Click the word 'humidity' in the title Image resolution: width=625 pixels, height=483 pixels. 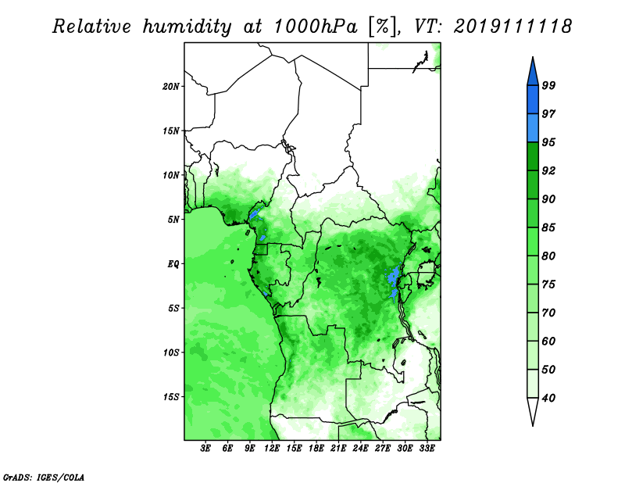[x=187, y=27]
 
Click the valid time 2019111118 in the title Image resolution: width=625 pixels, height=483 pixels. [x=512, y=27]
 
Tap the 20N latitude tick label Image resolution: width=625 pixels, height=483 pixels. [x=171, y=87]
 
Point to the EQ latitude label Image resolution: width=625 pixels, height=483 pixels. [x=173, y=264]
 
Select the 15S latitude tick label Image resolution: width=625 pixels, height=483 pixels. [x=171, y=397]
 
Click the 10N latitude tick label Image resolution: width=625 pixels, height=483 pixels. [x=171, y=175]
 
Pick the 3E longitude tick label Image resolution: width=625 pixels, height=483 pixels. [x=205, y=449]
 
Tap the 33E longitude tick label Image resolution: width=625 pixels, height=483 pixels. [x=427, y=449]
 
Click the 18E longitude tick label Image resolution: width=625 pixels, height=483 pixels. [x=316, y=449]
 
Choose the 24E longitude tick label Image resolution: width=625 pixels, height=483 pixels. [x=360, y=449]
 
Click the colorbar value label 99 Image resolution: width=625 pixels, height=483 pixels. [x=549, y=85]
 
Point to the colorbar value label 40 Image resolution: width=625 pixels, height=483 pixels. [x=549, y=398]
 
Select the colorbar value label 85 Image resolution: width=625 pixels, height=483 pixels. [x=549, y=227]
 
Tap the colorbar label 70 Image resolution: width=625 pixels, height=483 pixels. [x=549, y=313]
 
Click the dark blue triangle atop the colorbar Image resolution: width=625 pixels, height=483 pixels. [x=533, y=73]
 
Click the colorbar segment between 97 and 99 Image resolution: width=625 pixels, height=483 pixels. [x=533, y=100]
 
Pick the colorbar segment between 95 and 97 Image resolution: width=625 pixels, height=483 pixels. [x=533, y=128]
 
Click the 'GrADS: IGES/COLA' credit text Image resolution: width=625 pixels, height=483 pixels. [x=44, y=477]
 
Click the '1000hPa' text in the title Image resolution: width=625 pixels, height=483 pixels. [x=315, y=27]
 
